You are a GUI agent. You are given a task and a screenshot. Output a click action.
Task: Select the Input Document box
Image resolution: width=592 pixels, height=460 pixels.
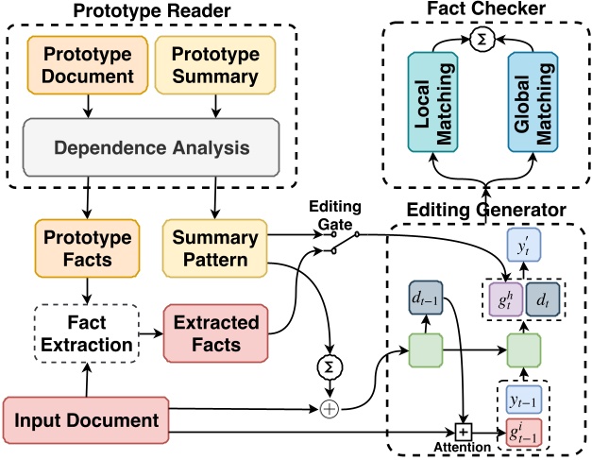[86, 419]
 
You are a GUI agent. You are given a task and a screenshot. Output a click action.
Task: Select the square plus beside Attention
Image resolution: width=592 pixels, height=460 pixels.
[464, 432]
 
